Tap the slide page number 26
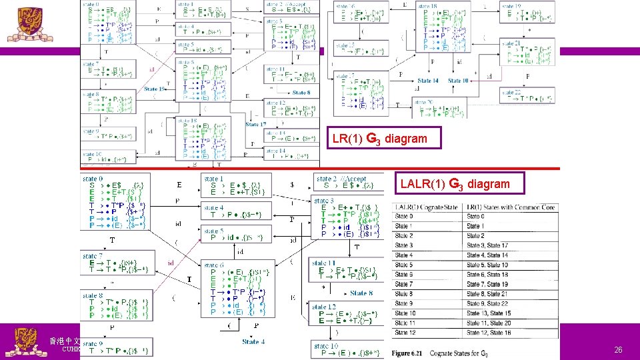[618, 349]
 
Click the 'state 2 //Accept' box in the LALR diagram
[349, 182]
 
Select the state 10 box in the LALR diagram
[349, 349]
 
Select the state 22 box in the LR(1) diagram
[527, 96]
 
